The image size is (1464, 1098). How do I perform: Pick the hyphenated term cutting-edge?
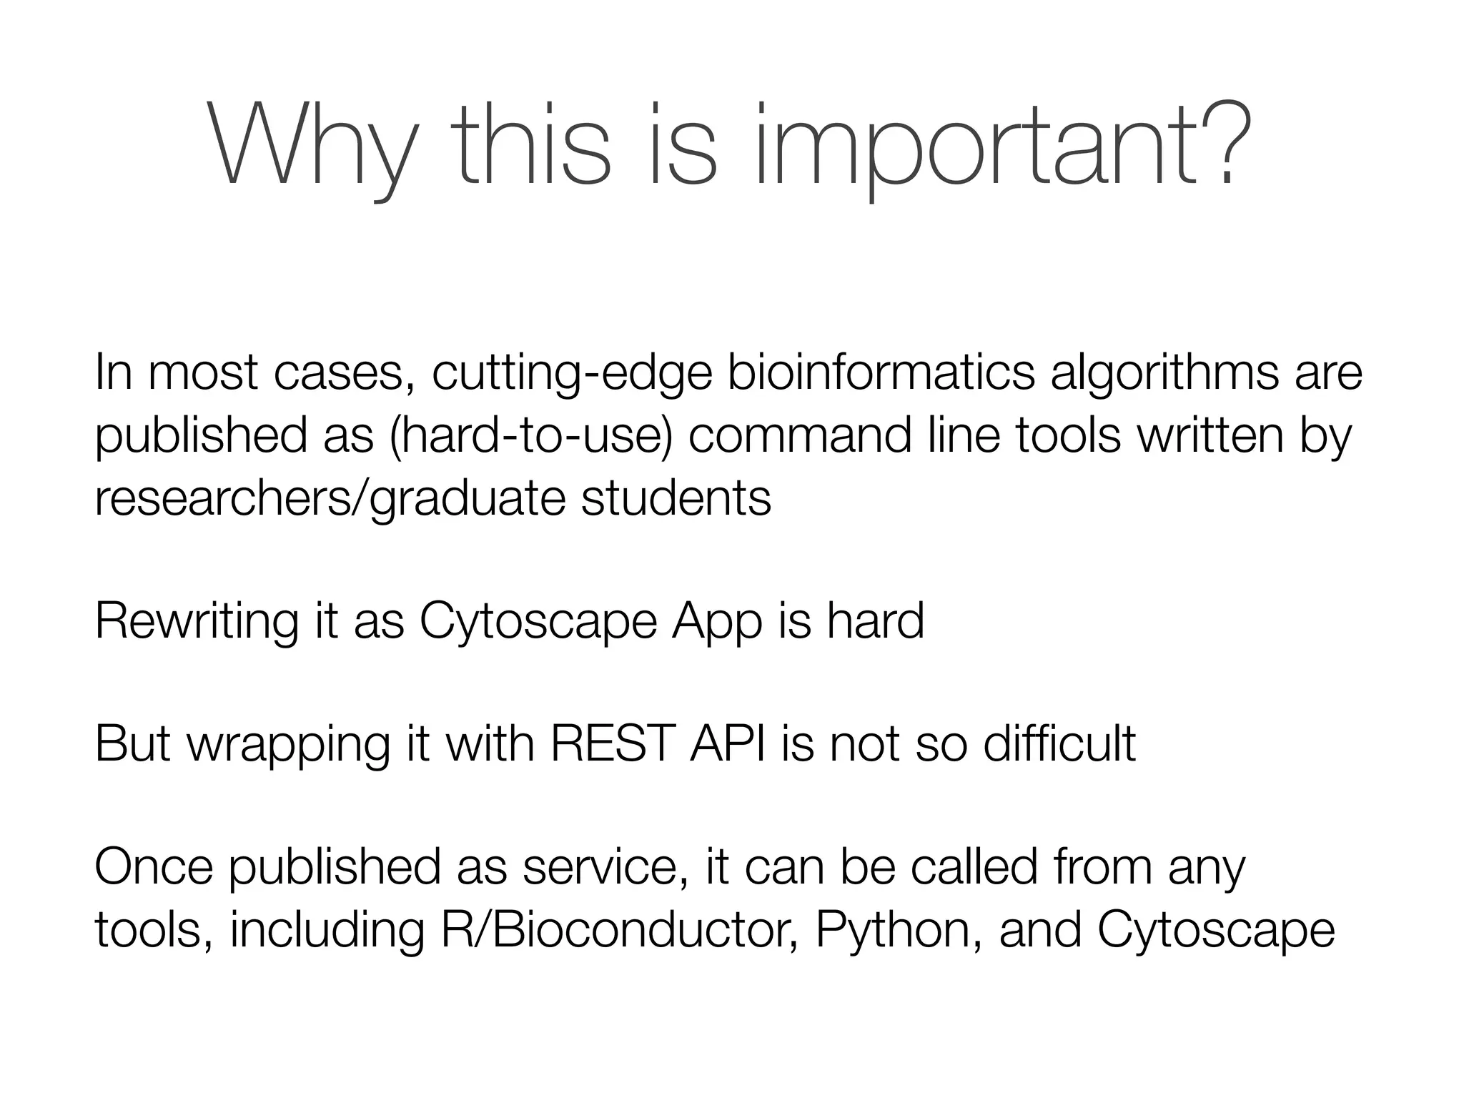click(572, 372)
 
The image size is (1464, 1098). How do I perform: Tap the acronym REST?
click(612, 743)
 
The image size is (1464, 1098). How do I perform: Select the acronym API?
click(728, 743)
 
